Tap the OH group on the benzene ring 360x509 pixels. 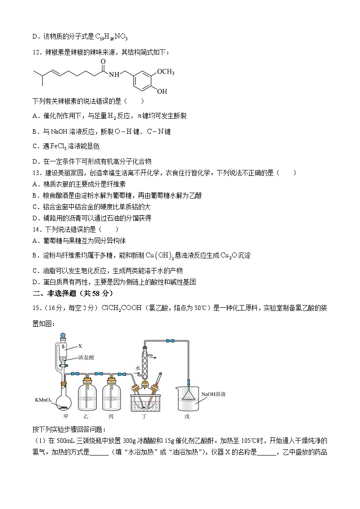pos(162,92)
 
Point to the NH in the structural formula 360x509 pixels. pos(115,74)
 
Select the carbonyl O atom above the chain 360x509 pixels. pos(103,61)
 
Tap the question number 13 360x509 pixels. pos(37,173)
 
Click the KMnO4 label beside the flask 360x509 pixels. pos(44,400)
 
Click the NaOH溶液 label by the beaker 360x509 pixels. pos(214,394)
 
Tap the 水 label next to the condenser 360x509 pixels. pos(137,356)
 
